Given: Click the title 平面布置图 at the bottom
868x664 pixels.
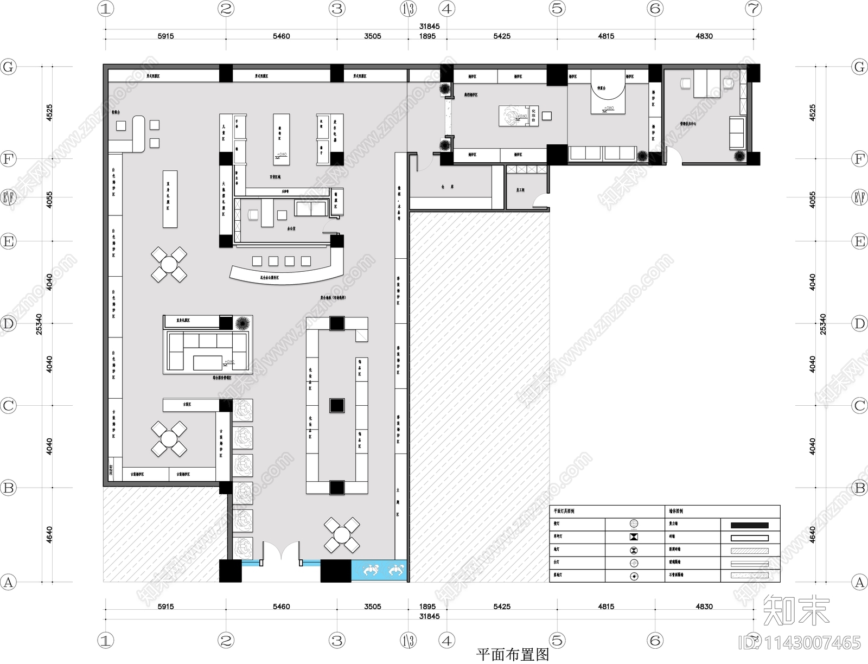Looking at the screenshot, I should point(512,654).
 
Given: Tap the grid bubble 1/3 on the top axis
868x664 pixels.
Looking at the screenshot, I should point(408,9).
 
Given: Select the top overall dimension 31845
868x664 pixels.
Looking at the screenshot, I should point(429,26).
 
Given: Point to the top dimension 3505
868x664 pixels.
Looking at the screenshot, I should point(372,36).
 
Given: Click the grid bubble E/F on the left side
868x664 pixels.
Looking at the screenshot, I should point(8,197).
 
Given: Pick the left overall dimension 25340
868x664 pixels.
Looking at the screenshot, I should point(39,324).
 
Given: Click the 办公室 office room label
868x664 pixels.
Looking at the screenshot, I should point(290,229).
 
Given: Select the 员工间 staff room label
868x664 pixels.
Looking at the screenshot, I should point(520,190).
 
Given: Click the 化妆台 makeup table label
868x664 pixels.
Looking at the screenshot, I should point(534,115).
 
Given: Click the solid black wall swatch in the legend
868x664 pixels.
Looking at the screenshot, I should point(749,525).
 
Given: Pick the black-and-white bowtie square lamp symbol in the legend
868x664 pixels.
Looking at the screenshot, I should point(634,537).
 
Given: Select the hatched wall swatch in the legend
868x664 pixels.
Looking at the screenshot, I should point(749,551).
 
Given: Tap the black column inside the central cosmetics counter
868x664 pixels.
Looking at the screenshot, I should point(336,405).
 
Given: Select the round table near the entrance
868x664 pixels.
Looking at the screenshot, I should point(341,535).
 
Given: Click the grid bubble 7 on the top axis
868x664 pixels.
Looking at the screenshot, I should point(753,9).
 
